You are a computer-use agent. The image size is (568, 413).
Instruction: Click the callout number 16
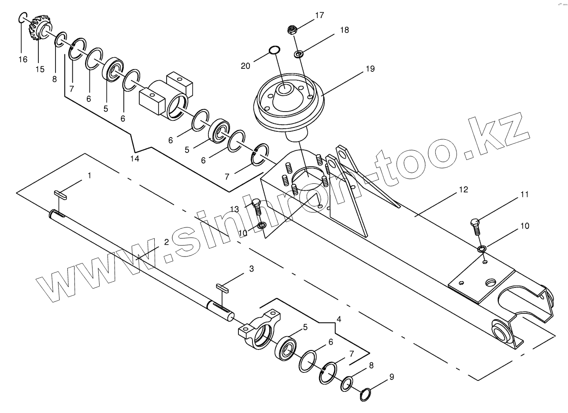22,60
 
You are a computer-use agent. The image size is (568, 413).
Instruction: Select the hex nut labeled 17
291,30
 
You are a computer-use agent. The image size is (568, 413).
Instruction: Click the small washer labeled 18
299,54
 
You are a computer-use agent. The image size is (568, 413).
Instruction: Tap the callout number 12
463,190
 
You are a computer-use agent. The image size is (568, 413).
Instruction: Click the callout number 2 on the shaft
166,242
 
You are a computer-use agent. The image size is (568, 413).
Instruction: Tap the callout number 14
135,159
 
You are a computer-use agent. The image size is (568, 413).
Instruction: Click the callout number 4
338,318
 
